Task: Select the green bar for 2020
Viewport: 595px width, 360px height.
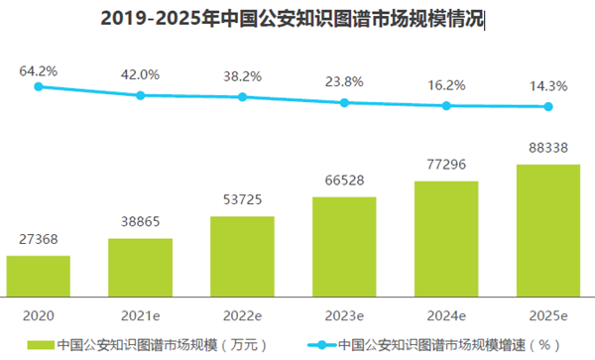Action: (x=39, y=277)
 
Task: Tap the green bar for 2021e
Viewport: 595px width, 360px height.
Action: (x=141, y=268)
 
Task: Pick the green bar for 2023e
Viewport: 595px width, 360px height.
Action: (x=344, y=247)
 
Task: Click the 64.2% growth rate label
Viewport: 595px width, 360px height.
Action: (x=39, y=70)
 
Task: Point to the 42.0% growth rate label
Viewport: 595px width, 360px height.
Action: (x=141, y=73)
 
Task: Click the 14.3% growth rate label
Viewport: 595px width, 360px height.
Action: (x=548, y=86)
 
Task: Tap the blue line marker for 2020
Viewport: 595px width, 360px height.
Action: (x=39, y=87)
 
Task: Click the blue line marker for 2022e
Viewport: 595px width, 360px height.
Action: (x=242, y=97)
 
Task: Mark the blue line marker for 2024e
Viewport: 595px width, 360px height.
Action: (x=446, y=105)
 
